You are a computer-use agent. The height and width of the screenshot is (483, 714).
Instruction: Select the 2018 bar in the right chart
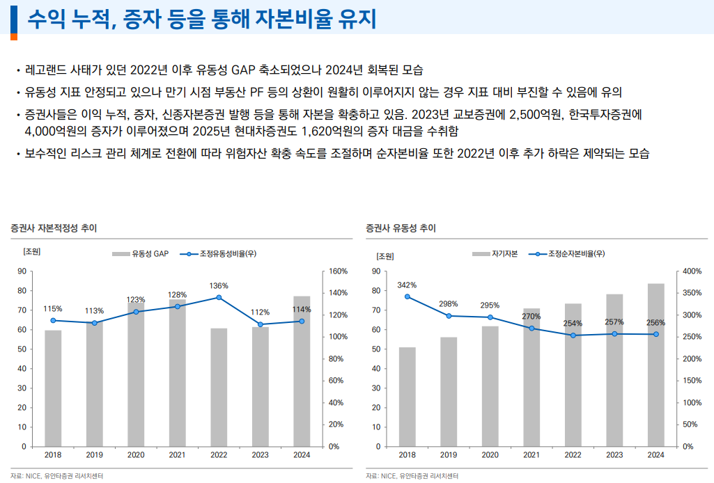[x=407, y=397]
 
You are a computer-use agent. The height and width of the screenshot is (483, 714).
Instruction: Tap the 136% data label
[x=219, y=285]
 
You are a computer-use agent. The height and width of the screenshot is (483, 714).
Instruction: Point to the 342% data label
[x=407, y=285]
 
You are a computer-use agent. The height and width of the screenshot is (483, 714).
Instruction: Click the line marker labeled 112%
[x=261, y=324]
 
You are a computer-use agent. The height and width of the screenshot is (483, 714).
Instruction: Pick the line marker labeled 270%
[x=531, y=328]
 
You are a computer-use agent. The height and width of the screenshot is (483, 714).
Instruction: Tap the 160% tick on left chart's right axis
[x=337, y=271]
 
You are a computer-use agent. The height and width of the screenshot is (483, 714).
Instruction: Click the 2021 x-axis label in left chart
[x=178, y=455]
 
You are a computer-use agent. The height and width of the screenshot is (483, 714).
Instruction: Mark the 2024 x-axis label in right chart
[x=655, y=455]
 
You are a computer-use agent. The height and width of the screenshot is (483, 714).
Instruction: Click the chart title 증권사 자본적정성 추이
[x=54, y=228]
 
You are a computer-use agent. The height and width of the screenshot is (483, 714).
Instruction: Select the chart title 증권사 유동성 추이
[x=401, y=228]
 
